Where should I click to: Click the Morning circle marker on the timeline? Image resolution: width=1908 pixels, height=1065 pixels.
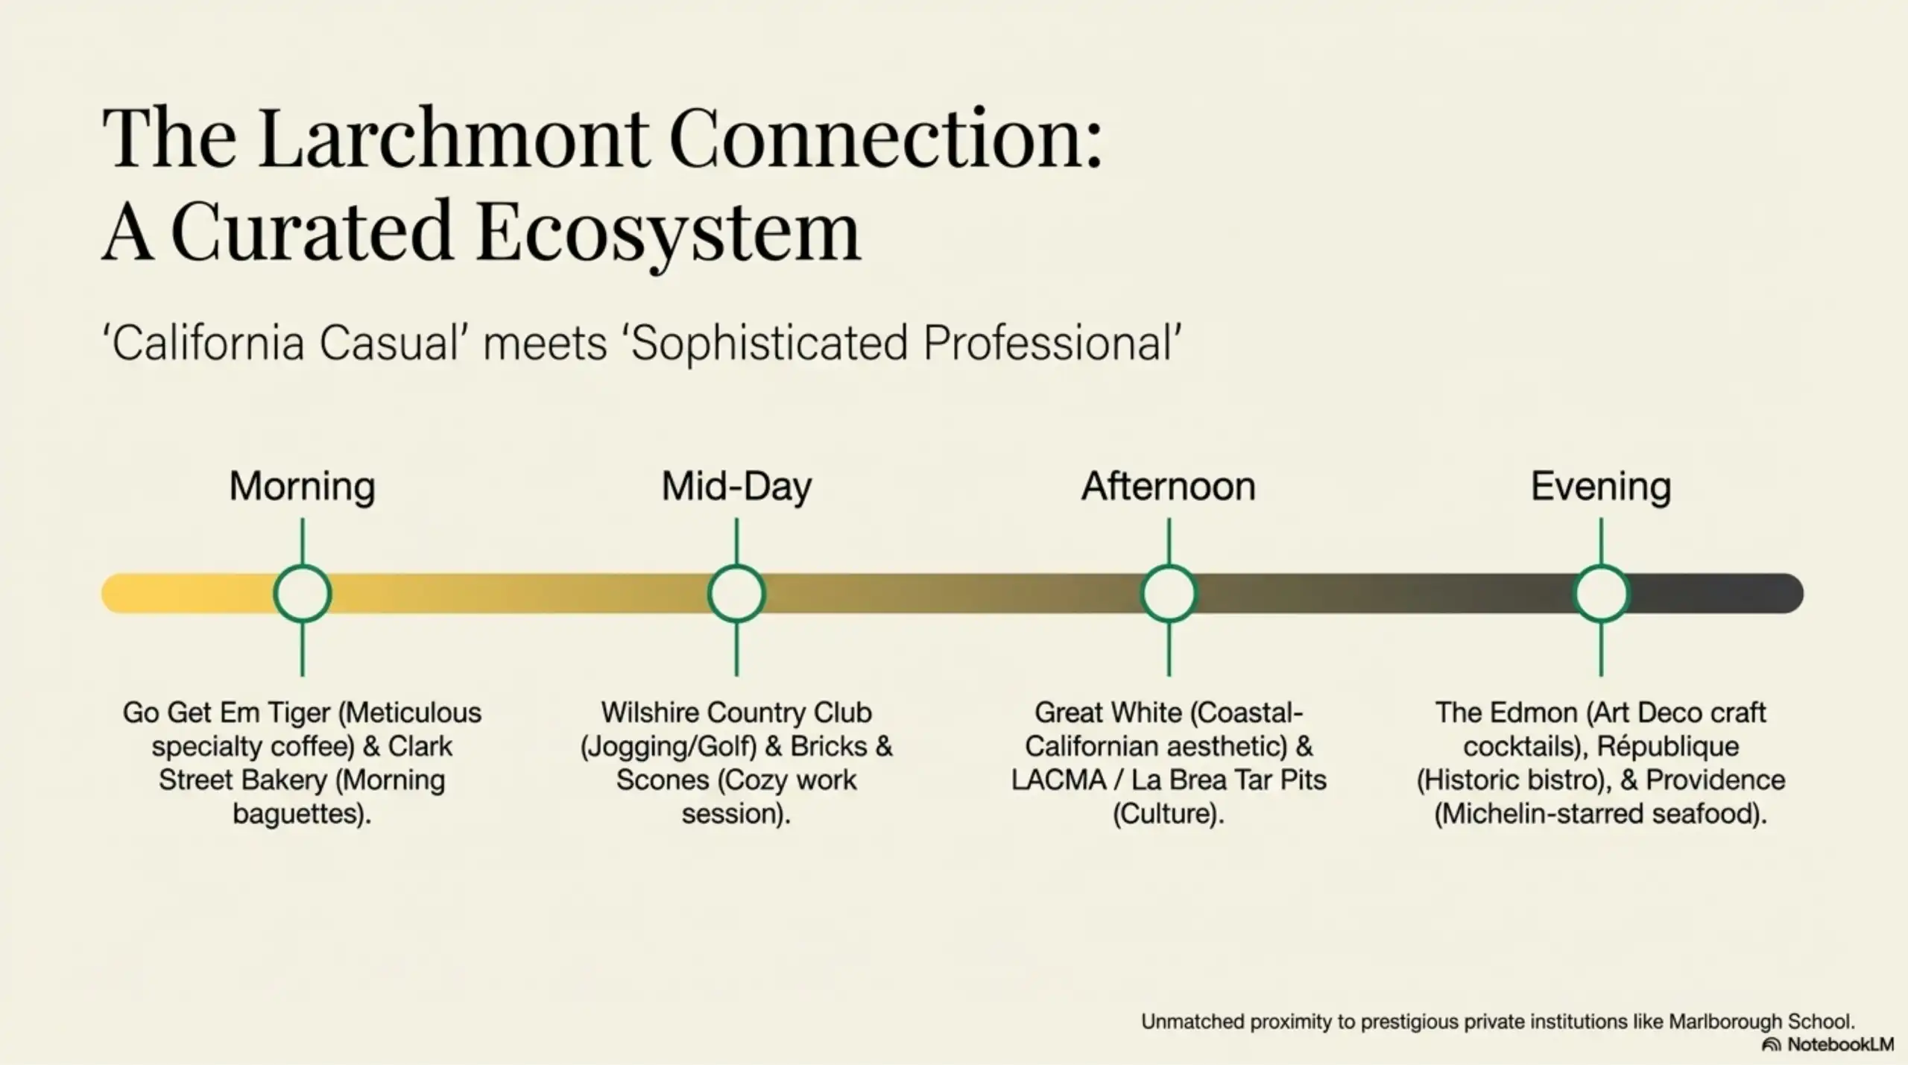302,593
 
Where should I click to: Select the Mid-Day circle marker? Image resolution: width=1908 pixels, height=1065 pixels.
736,593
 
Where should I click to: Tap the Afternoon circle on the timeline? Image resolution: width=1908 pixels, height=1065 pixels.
1169,593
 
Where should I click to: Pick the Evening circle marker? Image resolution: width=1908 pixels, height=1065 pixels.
1601,593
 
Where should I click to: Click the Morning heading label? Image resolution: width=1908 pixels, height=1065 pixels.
302,487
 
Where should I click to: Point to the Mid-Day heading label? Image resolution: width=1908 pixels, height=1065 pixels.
736,487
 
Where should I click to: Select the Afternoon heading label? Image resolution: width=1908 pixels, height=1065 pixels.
1168,487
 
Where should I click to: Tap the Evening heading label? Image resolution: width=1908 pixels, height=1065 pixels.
1601,487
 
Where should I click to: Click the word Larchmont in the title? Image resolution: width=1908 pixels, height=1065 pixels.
454,139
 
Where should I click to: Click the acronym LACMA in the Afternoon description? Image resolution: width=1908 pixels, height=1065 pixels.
1058,780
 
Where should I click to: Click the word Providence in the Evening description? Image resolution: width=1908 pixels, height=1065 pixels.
1715,780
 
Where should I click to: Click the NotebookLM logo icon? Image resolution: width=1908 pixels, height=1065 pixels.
1771,1045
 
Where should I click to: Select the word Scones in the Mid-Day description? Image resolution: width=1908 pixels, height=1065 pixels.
663,780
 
